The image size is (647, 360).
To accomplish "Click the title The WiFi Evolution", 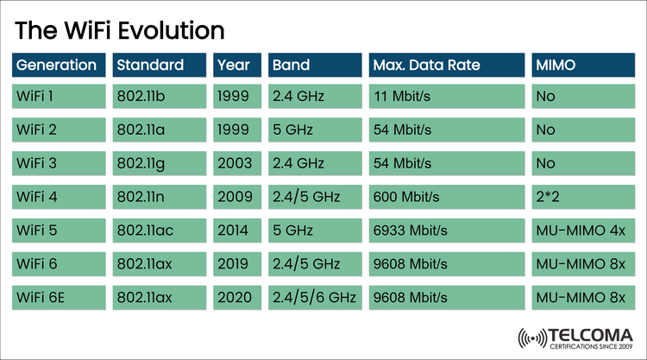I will click(x=120, y=30).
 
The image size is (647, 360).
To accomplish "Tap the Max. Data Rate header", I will click(x=446, y=65).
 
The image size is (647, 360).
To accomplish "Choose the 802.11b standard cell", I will click(x=160, y=95).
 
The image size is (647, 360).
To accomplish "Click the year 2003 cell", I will click(x=236, y=162).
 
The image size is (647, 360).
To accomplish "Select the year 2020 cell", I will click(x=236, y=297).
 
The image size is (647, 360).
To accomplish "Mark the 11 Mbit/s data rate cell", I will click(x=446, y=95).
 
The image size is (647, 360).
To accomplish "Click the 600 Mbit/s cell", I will click(x=446, y=196).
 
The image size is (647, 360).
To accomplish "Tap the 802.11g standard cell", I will click(x=160, y=162).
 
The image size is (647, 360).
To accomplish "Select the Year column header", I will click(x=236, y=65).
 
